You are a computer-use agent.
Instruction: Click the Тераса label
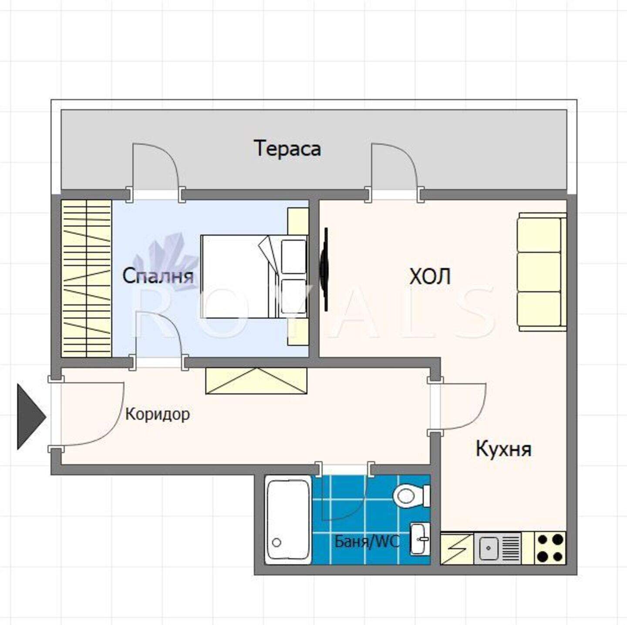pyautogui.click(x=288, y=149)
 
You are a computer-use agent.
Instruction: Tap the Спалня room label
pyautogui.click(x=158, y=275)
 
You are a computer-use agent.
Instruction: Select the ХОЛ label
pyautogui.click(x=430, y=277)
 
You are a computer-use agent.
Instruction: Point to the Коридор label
pyautogui.click(x=158, y=415)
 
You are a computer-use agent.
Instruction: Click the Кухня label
pyautogui.click(x=504, y=449)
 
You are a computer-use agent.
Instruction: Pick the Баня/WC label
pyautogui.click(x=367, y=542)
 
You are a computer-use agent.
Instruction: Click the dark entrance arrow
pyautogui.click(x=31, y=416)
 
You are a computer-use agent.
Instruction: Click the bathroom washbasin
pyautogui.click(x=420, y=539)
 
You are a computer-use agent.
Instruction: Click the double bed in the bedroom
pyautogui.click(x=254, y=277)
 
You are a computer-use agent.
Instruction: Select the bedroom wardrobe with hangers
pyautogui.click(x=87, y=279)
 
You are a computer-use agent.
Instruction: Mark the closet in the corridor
pyautogui.click(x=256, y=381)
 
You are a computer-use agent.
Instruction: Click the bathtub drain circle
pyautogui.click(x=277, y=543)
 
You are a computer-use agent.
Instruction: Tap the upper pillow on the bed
pyautogui.click(x=293, y=257)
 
